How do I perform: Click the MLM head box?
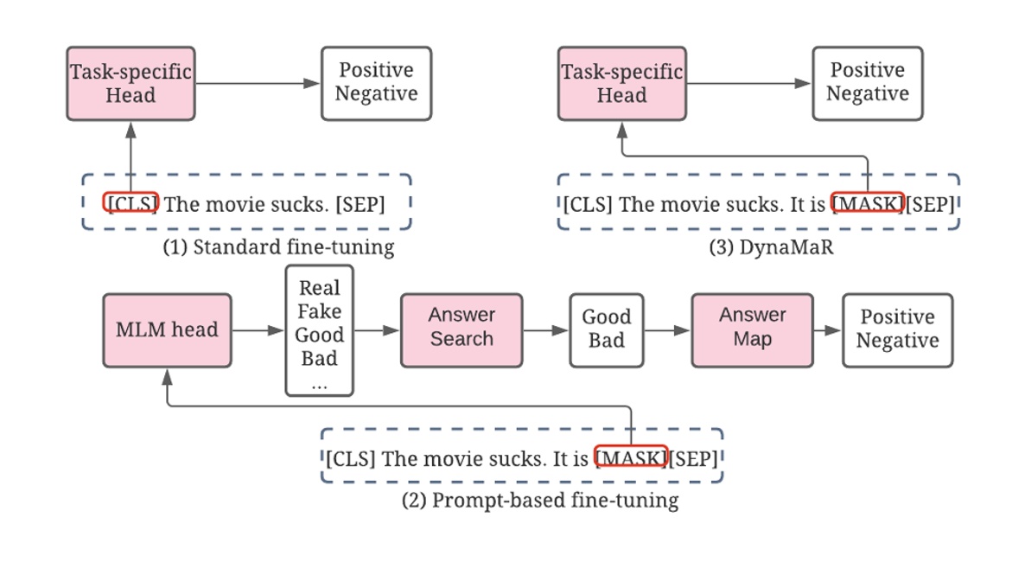click(167, 329)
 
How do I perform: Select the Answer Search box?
click(461, 329)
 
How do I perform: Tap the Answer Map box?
click(752, 329)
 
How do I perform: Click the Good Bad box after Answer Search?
click(606, 329)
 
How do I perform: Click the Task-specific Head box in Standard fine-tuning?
click(131, 83)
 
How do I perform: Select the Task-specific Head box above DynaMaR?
click(621, 83)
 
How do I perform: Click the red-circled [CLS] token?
click(131, 203)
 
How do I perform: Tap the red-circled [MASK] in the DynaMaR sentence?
click(867, 204)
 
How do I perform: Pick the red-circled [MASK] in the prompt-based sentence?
click(631, 457)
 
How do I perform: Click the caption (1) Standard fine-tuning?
click(278, 247)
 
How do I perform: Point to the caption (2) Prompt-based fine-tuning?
click(539, 500)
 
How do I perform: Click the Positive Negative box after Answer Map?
click(897, 329)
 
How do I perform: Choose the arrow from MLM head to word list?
click(258, 329)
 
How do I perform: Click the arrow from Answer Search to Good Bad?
click(545, 329)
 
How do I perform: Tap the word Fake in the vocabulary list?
click(319, 311)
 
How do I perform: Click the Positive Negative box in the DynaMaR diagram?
click(867, 83)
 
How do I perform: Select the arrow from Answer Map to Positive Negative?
click(827, 329)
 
